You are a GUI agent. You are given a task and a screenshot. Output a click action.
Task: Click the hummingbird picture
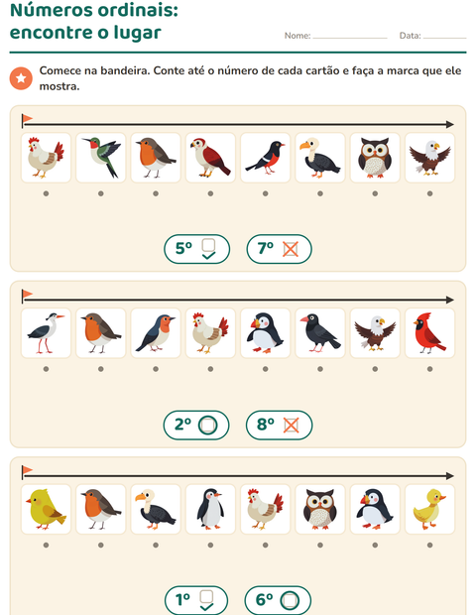coord(101,157)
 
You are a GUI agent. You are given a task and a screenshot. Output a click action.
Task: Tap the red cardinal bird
coord(429,332)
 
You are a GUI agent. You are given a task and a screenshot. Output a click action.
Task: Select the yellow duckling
coord(429,509)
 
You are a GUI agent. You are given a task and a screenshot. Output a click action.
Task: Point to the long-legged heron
coord(46,332)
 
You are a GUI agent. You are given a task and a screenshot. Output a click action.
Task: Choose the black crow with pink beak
coord(320,332)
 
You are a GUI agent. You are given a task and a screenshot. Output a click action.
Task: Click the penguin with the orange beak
coord(210,509)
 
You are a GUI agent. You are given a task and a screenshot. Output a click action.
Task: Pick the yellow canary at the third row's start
coord(46,509)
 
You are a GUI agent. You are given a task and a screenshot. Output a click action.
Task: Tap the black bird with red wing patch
coord(266,158)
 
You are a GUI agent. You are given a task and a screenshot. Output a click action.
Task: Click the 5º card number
coord(183,248)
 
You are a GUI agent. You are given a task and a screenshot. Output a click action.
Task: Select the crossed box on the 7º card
coord(291,249)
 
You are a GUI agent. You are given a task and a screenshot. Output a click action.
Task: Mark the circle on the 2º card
coord(208,425)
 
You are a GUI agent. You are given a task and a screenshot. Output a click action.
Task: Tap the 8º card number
coord(266,424)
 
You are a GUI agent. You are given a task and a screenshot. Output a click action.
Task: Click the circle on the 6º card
coord(290,600)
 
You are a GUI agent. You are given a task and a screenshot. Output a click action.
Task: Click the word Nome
coord(297,36)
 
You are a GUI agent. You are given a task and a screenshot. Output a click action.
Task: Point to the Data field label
coord(410,36)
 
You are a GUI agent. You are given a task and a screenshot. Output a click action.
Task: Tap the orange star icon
coord(21,78)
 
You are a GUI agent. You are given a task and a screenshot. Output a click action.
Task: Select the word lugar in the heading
coord(137,33)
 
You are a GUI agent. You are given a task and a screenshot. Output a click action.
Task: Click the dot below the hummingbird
coord(101,193)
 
